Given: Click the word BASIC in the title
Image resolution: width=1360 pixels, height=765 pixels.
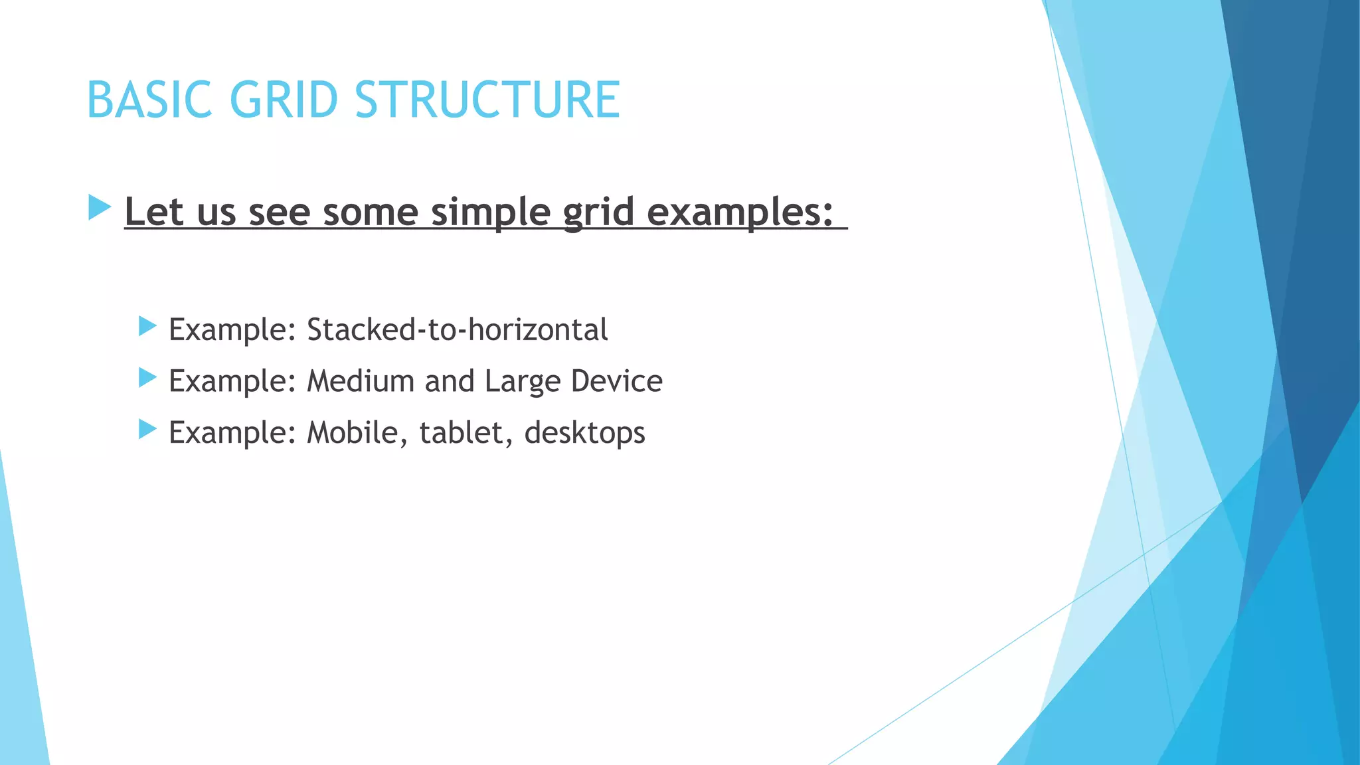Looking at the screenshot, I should [x=149, y=100].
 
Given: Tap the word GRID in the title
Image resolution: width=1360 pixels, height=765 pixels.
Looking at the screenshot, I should [x=284, y=100].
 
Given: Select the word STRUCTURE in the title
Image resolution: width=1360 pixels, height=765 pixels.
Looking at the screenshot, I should [x=487, y=100].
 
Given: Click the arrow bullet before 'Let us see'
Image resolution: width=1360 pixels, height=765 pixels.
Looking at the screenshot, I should [x=99, y=208].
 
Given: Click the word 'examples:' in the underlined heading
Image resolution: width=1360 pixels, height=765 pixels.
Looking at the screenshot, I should [x=739, y=212].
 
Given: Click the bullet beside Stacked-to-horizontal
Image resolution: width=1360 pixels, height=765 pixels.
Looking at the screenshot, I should [x=147, y=326].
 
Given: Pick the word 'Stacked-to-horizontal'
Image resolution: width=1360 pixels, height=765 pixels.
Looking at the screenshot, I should [x=457, y=329].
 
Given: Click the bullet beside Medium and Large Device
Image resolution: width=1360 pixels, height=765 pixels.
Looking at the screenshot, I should [x=147, y=378].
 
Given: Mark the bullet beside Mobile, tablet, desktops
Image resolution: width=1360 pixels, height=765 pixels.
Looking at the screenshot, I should [x=147, y=429].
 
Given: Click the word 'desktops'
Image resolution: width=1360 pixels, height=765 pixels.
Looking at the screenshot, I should [x=584, y=433].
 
